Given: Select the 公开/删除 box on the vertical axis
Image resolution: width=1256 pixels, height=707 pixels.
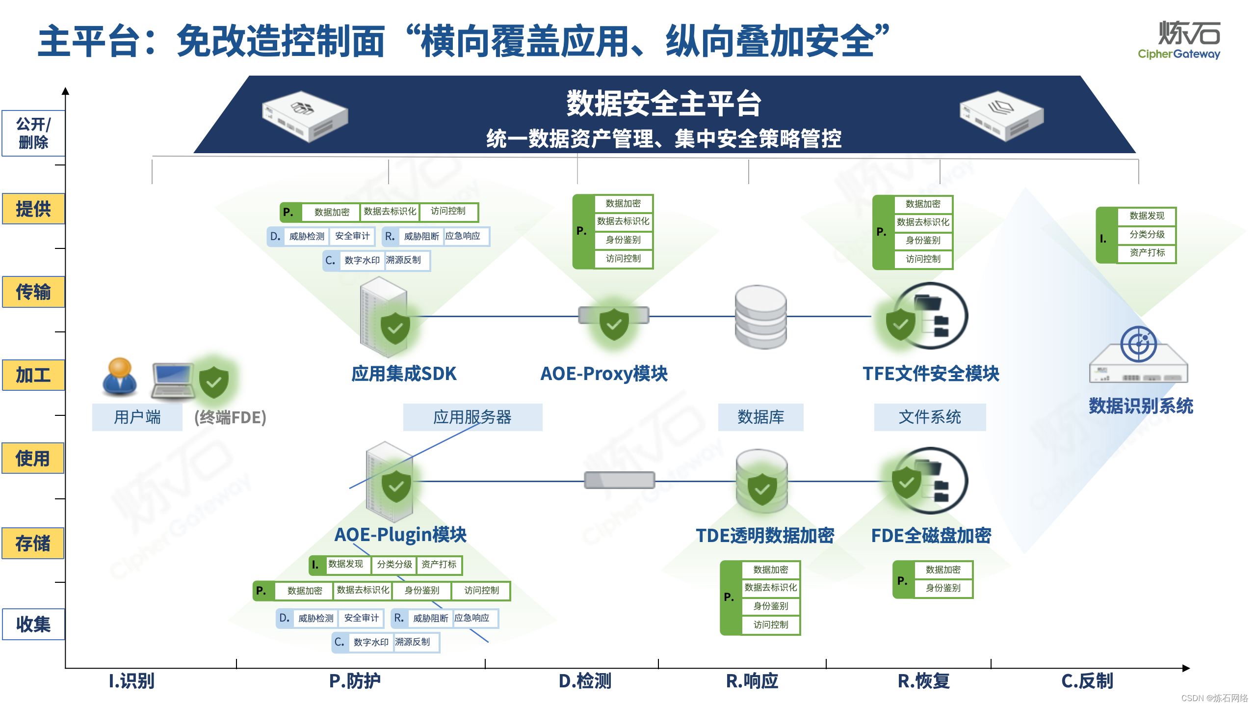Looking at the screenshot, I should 33,133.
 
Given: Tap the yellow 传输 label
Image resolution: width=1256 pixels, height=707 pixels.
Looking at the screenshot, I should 33,292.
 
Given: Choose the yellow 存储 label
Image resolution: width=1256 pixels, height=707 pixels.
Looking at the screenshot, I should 33,543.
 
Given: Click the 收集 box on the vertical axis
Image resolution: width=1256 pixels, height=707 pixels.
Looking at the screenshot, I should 33,624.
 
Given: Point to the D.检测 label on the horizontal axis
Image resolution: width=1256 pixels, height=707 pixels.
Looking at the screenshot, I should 585,681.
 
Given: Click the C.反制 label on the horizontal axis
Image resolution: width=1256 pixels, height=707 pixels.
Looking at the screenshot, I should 1087,681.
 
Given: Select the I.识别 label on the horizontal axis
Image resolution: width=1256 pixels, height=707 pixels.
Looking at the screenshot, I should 131,681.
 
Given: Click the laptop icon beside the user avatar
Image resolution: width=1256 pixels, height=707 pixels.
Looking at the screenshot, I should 172,381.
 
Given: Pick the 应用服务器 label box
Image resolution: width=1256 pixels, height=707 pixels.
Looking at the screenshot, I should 472,417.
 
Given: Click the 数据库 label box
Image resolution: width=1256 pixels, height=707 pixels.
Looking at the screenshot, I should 760,417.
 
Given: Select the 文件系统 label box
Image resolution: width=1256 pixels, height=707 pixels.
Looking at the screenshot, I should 930,417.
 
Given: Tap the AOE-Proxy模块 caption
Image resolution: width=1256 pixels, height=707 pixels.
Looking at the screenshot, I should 604,374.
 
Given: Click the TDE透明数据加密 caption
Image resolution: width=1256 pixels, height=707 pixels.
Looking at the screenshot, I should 765,535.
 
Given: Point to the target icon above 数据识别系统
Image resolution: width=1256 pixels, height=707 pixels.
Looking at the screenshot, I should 1138,344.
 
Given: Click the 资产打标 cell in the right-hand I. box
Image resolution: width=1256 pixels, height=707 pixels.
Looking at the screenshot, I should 1147,253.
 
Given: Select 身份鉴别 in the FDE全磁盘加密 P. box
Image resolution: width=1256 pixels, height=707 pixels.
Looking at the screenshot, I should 943,588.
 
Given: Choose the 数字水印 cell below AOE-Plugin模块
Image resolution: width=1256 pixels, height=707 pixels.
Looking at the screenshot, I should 371,642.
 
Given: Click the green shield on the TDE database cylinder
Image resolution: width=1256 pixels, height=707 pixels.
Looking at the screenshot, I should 762,489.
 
